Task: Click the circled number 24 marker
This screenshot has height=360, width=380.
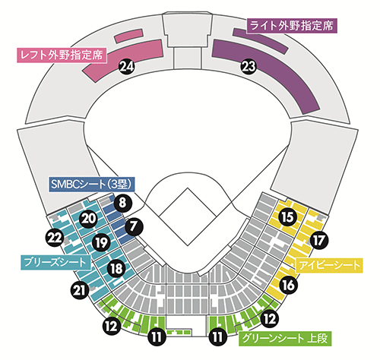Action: pos(127,67)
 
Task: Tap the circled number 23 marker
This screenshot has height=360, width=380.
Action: pos(249,67)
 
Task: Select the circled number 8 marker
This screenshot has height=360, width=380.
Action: pos(122,203)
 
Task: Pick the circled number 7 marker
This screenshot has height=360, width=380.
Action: pos(134,226)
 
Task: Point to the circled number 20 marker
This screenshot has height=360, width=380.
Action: pos(89,219)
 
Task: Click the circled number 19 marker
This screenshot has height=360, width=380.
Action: pos(101,242)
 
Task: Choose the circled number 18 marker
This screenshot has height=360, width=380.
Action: pos(116,268)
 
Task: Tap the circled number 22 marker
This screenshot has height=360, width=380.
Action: pos(55,238)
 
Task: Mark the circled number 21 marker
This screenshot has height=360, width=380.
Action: pos(80,290)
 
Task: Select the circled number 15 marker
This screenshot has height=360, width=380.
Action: pos(287,217)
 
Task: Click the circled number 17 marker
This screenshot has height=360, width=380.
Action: pos(318,240)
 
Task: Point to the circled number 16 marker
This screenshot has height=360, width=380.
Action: pos(288,285)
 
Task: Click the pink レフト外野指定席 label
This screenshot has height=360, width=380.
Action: pos(62,55)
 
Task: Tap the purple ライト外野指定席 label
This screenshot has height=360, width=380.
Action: pos(292,26)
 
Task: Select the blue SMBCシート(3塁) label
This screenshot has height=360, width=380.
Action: pos(91,185)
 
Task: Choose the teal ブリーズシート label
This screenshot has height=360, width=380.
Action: pos(55,262)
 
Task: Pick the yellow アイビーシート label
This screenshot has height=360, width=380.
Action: pos(329,265)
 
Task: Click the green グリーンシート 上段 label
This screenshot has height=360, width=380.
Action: pos(285,339)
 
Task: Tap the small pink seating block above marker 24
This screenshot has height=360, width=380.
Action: pos(128,36)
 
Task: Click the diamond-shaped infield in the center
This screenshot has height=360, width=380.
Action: pos(188,216)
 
